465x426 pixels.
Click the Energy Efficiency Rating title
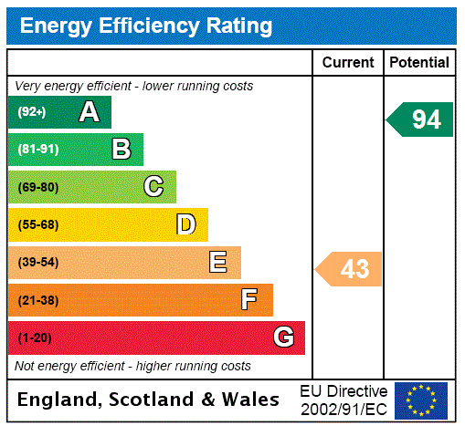(x=146, y=26)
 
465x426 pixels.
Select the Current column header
(x=348, y=63)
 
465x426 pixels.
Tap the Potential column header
(x=419, y=63)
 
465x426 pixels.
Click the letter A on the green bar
(x=89, y=112)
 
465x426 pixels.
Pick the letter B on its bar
(x=121, y=150)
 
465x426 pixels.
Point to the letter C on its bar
(x=153, y=187)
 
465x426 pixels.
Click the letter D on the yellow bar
(x=185, y=224)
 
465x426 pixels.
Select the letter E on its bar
(x=218, y=263)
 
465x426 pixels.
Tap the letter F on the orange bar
(x=249, y=300)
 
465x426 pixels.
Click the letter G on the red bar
(x=283, y=338)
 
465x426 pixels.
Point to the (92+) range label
(x=31, y=112)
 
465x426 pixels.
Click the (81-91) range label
(x=37, y=150)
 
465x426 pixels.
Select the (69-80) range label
(x=37, y=187)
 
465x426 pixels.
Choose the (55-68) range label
(x=37, y=224)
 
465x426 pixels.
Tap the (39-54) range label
(x=37, y=263)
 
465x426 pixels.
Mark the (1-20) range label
(x=35, y=338)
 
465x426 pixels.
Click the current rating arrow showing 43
(x=350, y=269)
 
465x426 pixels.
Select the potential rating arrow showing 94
(x=421, y=119)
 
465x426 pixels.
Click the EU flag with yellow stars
(x=421, y=400)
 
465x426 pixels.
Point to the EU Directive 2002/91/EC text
(x=343, y=400)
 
